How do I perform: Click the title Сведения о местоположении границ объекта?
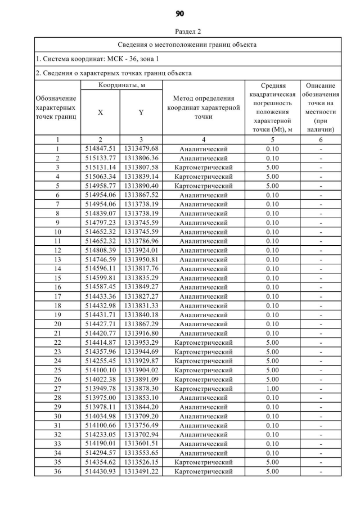pos(187,44)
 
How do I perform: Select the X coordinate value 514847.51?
pos(100,148)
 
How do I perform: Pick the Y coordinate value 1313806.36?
pos(141,158)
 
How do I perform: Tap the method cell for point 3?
pos(203,167)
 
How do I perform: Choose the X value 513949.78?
pos(100,388)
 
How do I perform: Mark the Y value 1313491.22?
pos(141,471)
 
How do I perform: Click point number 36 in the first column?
pos(57,471)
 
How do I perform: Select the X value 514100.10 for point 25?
pos(100,370)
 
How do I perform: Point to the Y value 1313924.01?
pos(141,250)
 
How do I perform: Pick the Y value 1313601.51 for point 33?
pos(141,443)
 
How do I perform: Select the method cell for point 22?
pos(203,342)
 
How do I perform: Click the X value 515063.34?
pos(100,176)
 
